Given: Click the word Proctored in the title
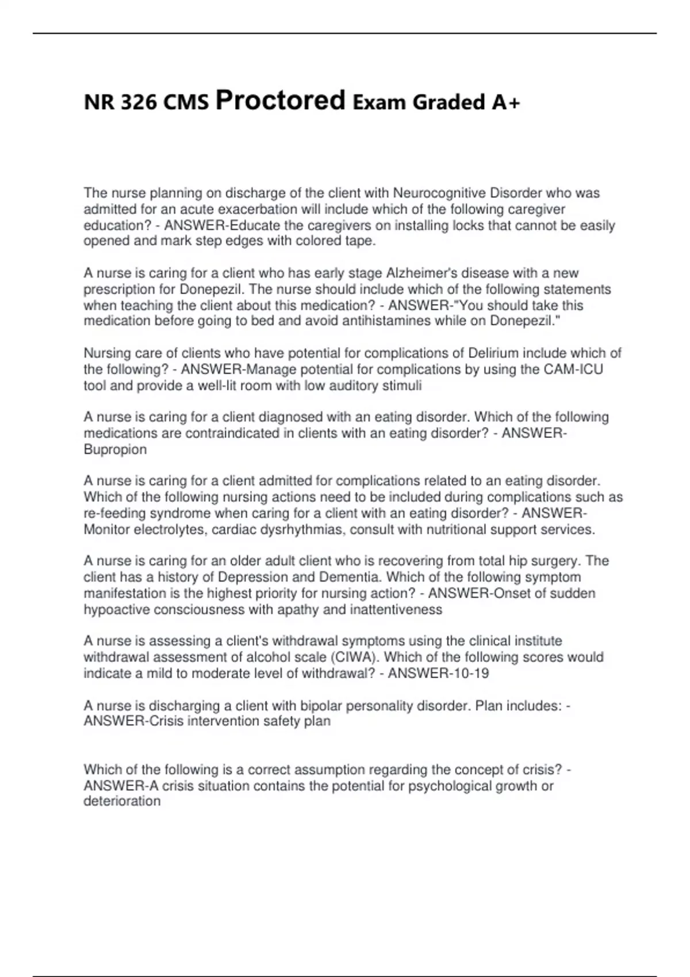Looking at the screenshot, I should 280,101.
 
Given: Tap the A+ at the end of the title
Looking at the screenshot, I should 506,102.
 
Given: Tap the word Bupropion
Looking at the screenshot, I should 115,449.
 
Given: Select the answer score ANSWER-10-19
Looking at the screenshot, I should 438,673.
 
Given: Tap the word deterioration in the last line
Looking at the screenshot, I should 122,801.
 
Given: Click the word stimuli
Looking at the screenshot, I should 402,385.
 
